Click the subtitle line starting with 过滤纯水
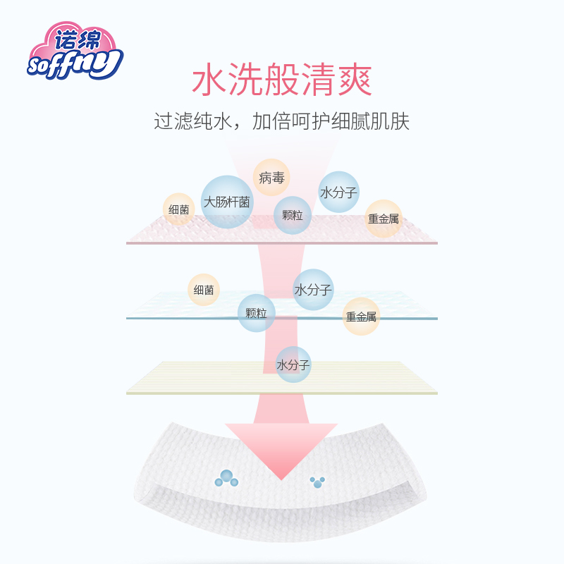282,121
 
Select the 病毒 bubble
271,178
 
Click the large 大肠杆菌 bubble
227,202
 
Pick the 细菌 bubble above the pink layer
179,209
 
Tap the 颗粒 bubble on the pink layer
293,215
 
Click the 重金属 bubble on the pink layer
383,219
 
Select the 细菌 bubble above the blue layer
204,290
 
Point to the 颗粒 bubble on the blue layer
257,313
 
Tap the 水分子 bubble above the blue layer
313,290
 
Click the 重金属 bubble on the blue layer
361,317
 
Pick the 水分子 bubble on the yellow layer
293,365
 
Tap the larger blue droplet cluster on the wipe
227,478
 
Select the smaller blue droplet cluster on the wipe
317,482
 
